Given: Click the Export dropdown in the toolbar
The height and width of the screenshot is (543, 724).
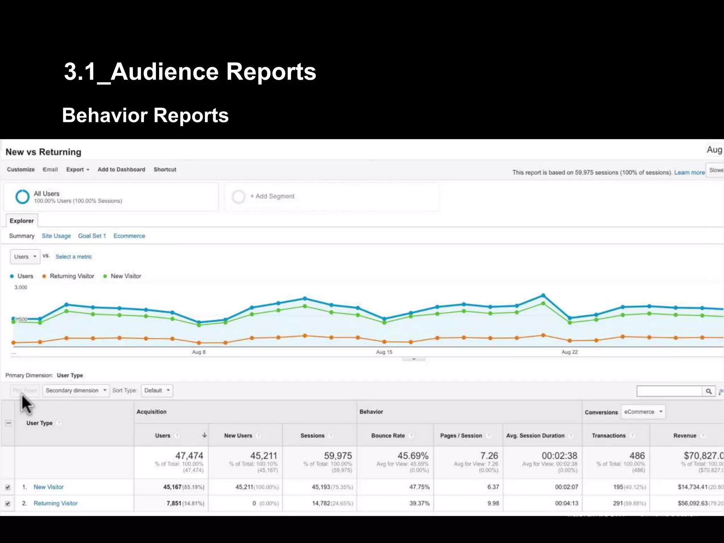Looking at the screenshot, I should click(77, 170).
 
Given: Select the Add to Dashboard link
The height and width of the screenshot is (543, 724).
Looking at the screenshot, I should click(121, 170).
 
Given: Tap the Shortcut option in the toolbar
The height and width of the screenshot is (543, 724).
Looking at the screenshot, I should click(165, 170).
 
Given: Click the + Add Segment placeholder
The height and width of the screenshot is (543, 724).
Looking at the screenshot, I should click(272, 196).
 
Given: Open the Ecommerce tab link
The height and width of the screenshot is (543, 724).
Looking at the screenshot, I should click(129, 236).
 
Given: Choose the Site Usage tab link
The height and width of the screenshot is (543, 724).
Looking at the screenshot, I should click(56, 236).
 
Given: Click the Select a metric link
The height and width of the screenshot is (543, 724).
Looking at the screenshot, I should click(74, 257).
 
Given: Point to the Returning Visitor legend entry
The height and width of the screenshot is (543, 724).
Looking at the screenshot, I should click(72, 276).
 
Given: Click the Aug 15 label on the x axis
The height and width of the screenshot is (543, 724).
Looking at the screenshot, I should click(384, 352).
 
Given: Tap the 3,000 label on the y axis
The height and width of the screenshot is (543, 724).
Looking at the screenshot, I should click(21, 287).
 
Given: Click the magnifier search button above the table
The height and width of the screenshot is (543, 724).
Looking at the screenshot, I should click(708, 391).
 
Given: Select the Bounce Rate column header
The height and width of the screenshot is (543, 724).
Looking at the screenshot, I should click(388, 436).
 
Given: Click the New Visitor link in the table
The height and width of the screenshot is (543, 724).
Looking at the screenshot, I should click(48, 487).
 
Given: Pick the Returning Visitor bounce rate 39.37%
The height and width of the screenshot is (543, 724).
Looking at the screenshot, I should click(419, 503).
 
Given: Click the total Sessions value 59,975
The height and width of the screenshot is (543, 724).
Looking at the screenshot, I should click(338, 456).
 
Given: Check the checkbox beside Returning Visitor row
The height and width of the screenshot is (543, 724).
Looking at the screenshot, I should click(8, 503).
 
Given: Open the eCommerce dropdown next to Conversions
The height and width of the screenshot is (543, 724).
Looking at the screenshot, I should click(643, 412).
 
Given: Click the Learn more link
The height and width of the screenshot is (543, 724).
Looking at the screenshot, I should click(689, 173).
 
